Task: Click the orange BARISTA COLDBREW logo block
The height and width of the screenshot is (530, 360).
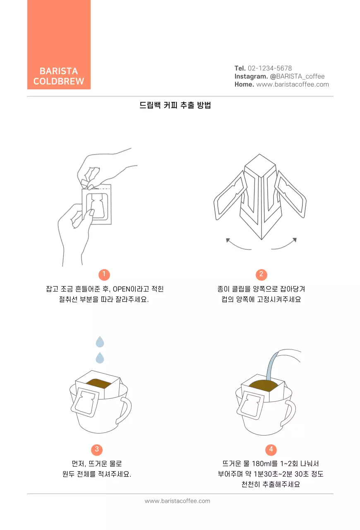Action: pyautogui.click(x=59, y=45)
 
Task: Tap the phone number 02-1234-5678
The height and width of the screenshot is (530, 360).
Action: pyautogui.click(x=269, y=68)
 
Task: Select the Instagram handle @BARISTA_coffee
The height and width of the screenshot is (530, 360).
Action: pyautogui.click(x=297, y=76)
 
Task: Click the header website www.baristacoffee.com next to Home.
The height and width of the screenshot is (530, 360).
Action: pyautogui.click(x=293, y=84)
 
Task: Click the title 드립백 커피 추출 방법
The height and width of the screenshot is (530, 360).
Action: pyautogui.click(x=175, y=105)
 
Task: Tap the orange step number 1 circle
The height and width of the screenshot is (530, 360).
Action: pyautogui.click(x=104, y=274)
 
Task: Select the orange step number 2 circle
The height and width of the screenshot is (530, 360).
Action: pyautogui.click(x=261, y=274)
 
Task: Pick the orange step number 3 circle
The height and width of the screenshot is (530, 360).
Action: pyautogui.click(x=97, y=449)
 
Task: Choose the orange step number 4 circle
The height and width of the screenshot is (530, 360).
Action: pyautogui.click(x=271, y=449)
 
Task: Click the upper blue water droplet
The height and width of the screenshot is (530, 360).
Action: pyautogui.click(x=100, y=342)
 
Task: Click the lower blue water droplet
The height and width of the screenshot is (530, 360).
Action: pyautogui.click(x=100, y=358)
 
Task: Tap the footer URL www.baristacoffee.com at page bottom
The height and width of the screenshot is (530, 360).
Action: pyautogui.click(x=177, y=501)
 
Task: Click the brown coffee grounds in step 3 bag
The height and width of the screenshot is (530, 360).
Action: pyautogui.click(x=98, y=383)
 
